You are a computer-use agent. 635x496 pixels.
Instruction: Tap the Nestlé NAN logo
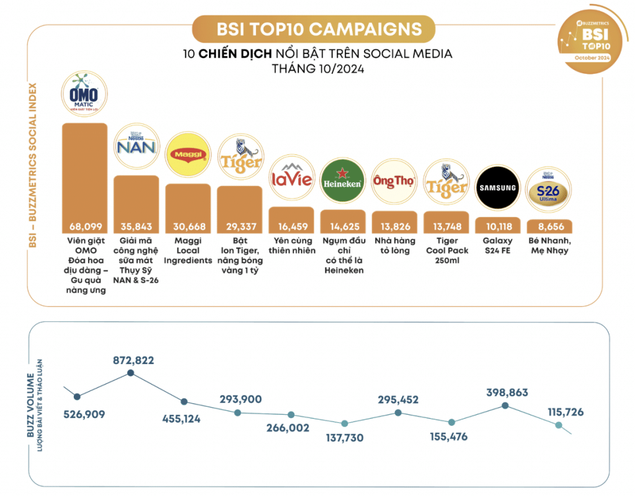(x=136, y=149)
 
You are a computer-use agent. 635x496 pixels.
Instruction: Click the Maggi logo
(x=188, y=156)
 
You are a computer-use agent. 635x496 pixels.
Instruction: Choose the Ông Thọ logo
(x=394, y=182)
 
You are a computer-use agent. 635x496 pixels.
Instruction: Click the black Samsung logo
(x=497, y=187)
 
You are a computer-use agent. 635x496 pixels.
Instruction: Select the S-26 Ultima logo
(x=549, y=190)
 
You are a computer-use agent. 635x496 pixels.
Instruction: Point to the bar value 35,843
(x=136, y=227)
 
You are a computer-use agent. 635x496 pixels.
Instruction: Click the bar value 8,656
(x=549, y=227)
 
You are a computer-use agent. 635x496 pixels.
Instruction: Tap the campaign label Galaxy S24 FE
(x=497, y=246)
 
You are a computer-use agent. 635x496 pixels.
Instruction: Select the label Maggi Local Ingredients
(x=188, y=250)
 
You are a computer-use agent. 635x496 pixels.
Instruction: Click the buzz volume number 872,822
(x=133, y=360)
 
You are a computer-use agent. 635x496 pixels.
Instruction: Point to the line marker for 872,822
(x=130, y=373)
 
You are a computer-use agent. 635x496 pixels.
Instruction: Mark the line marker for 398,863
(x=505, y=405)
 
